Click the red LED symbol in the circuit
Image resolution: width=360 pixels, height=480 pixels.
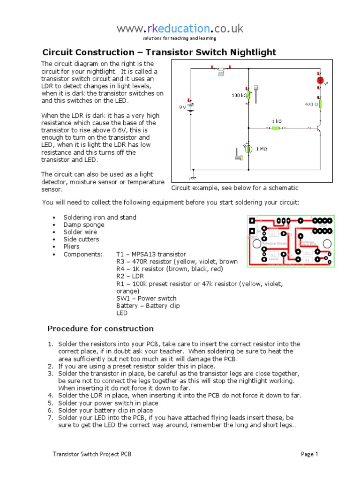click(320, 81)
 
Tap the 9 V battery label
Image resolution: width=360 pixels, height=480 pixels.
click(182, 107)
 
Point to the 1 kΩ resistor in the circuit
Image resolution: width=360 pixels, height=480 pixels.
click(277, 127)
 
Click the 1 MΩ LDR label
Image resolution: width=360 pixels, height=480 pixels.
click(262, 149)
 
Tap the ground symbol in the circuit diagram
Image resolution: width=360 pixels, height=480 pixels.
click(191, 177)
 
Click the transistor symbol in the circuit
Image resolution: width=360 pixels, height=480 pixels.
click(319, 127)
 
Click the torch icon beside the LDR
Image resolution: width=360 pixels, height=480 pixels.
click(238, 155)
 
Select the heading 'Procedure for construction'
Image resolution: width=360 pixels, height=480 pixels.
click(101, 328)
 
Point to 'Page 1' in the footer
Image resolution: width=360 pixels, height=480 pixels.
click(309, 454)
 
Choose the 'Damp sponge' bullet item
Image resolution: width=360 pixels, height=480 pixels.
click(84, 225)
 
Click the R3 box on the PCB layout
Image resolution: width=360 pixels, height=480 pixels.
click(307, 252)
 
